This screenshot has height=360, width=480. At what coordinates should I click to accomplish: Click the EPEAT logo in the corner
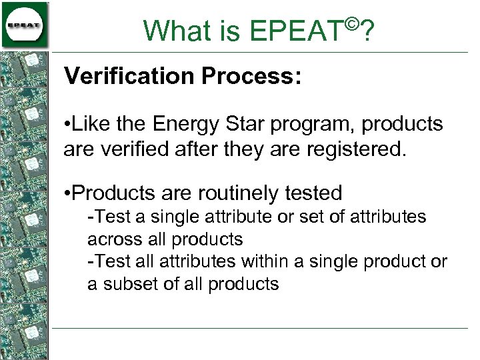pyautogui.click(x=25, y=25)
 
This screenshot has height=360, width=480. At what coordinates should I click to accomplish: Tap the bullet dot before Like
pyautogui.click(x=67, y=125)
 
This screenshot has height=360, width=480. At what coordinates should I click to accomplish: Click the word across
pyautogui.click(x=109, y=239)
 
